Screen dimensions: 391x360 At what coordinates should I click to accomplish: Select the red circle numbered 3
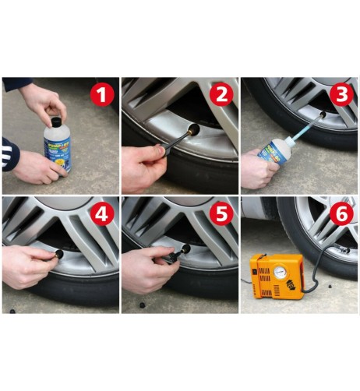point(340,97)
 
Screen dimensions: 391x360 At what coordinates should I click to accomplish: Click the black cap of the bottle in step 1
point(55,122)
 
